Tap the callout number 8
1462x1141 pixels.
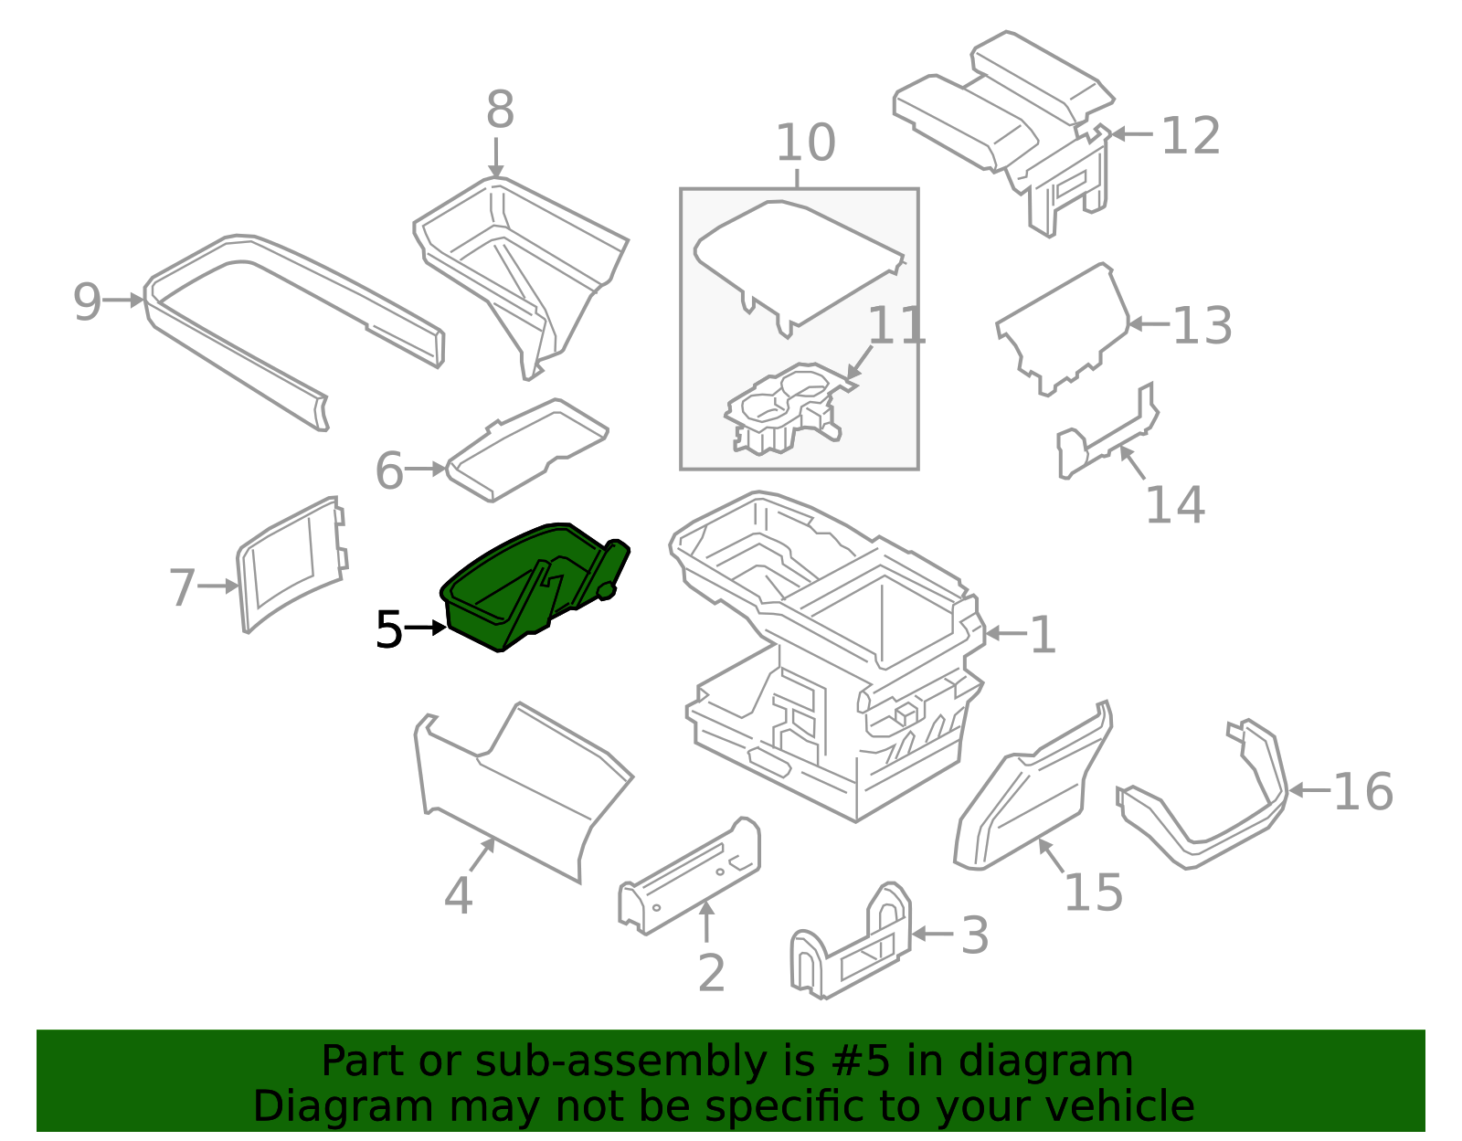point(500,110)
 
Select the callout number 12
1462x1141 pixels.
point(1191,136)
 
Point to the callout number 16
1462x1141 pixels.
point(1362,791)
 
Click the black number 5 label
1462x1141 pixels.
point(389,629)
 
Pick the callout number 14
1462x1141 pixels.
point(1175,505)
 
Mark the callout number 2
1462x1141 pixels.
point(712,973)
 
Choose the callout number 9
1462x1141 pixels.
point(87,301)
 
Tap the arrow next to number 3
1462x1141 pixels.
point(932,934)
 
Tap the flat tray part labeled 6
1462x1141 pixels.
point(526,449)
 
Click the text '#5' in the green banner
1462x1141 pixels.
point(860,1062)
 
